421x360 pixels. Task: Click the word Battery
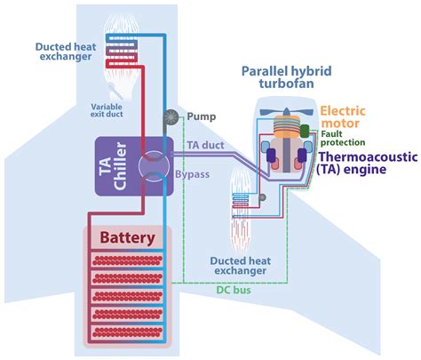coord(127,238)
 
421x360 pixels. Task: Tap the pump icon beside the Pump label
coord(171,118)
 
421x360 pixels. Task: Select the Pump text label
coord(202,116)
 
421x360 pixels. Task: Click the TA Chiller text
coord(112,166)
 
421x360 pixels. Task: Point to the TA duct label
coord(205,145)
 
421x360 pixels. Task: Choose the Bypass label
coord(193,174)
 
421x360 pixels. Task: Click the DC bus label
coord(234,290)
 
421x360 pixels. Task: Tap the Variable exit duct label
coord(107,110)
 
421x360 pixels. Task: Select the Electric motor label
coord(343,117)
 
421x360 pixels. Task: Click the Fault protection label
coord(343,138)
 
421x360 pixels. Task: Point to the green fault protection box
coord(305,132)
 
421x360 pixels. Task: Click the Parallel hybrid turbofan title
coord(286,77)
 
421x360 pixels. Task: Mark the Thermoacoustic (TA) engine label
coord(367,163)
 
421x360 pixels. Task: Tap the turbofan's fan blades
coord(286,112)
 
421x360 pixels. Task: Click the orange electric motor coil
coord(286,127)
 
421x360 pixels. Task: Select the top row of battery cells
coord(127,260)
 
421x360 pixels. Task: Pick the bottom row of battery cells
coord(127,332)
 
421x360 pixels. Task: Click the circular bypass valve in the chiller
coord(154,166)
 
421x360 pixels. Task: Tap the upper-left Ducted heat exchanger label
coord(66,52)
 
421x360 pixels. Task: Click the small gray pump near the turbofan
coord(262,197)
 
